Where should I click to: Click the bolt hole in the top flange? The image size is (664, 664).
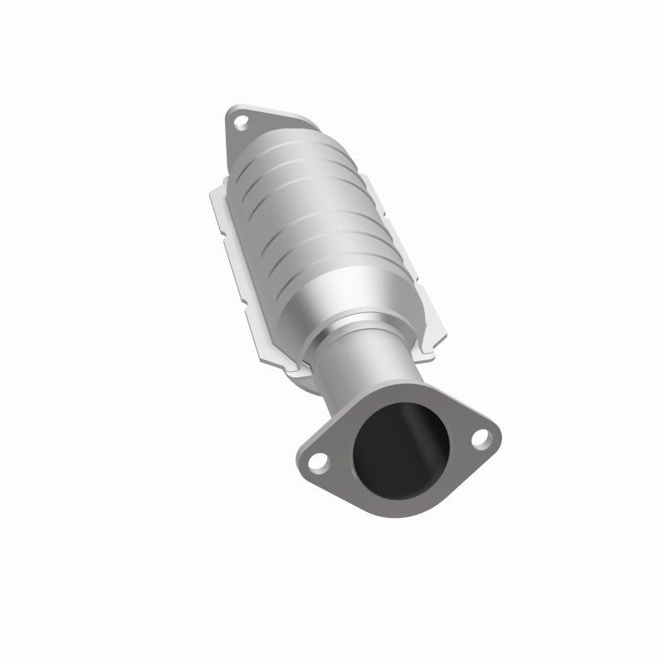[x=241, y=124]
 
